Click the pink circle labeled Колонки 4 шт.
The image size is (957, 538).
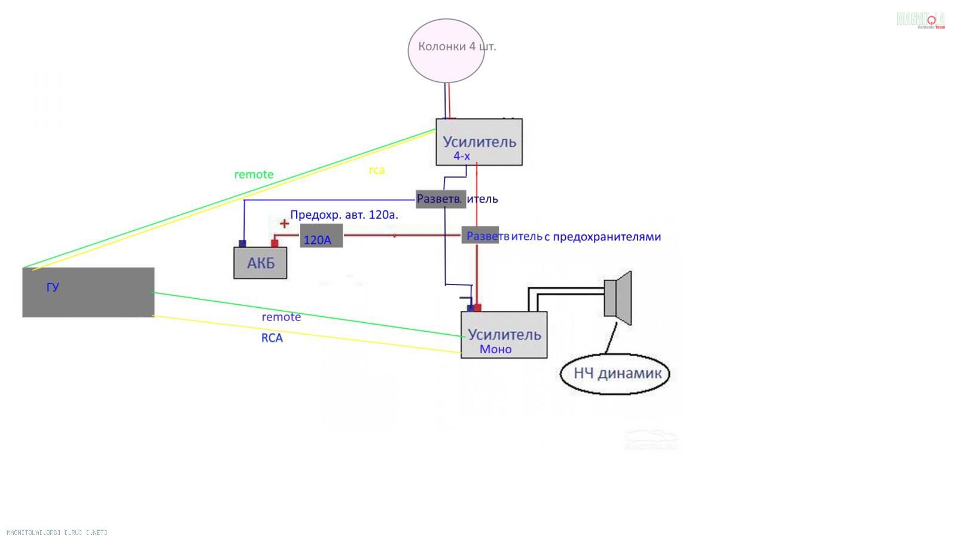click(446, 50)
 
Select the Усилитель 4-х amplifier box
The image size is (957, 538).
click(478, 142)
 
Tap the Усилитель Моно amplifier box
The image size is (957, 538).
click(504, 335)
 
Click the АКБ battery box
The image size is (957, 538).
click(260, 263)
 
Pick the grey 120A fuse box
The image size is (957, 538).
click(321, 236)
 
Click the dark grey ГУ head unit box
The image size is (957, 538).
click(88, 292)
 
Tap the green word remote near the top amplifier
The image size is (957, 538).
click(254, 175)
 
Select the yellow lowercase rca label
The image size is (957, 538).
click(377, 170)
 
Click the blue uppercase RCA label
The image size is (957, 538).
click(272, 338)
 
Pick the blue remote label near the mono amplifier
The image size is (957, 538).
click(281, 317)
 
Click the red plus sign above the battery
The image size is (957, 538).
click(284, 224)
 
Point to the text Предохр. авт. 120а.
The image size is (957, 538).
click(344, 215)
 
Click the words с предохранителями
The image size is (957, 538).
click(602, 237)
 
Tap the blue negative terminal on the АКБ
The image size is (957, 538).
click(242, 243)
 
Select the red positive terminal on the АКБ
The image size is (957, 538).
click(275, 243)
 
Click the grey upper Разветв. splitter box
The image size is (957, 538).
click(441, 199)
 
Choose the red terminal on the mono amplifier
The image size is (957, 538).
click(477, 308)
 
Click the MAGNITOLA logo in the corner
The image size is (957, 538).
click(921, 20)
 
